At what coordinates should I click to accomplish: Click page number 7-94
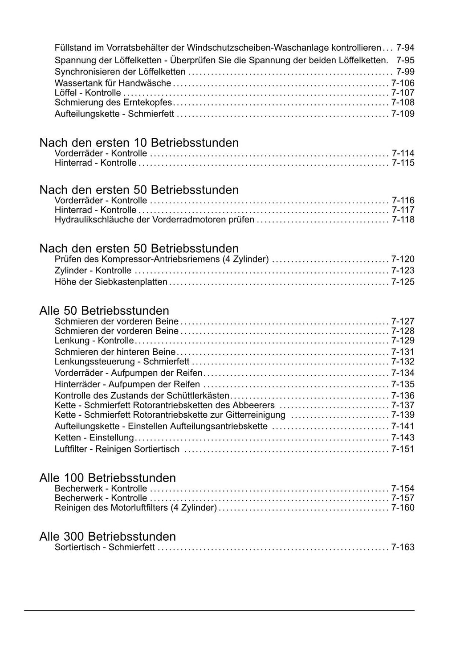pyautogui.click(x=405, y=48)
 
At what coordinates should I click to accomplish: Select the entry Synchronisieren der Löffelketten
pyautogui.click(x=120, y=72)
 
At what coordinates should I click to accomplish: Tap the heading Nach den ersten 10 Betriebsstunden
pyautogui.click(x=139, y=143)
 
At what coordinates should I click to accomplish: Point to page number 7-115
pyautogui.click(x=403, y=163)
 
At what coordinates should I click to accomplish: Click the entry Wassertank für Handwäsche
pyautogui.click(x=113, y=83)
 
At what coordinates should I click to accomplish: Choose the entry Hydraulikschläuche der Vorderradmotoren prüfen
pyautogui.click(x=154, y=220)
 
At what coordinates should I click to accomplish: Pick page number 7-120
pyautogui.click(x=403, y=259)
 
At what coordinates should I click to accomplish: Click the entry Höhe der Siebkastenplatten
pyautogui.click(x=111, y=282)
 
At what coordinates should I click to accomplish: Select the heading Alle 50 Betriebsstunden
pyautogui.click(x=104, y=311)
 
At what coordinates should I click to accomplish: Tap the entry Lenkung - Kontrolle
pyautogui.click(x=94, y=341)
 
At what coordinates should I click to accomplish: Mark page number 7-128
pyautogui.click(x=403, y=331)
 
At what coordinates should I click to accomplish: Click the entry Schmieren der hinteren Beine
pyautogui.click(x=115, y=352)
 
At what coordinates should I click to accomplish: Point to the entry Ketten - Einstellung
pyautogui.click(x=94, y=438)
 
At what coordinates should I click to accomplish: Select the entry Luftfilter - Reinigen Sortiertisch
pyautogui.click(x=117, y=449)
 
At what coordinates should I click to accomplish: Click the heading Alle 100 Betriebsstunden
pyautogui.click(x=107, y=478)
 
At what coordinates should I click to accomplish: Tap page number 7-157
pyautogui.click(x=403, y=498)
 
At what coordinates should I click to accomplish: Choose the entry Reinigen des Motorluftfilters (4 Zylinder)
pyautogui.click(x=135, y=508)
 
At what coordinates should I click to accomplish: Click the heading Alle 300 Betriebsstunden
pyautogui.click(x=107, y=536)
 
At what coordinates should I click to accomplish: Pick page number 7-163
pyautogui.click(x=403, y=547)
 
